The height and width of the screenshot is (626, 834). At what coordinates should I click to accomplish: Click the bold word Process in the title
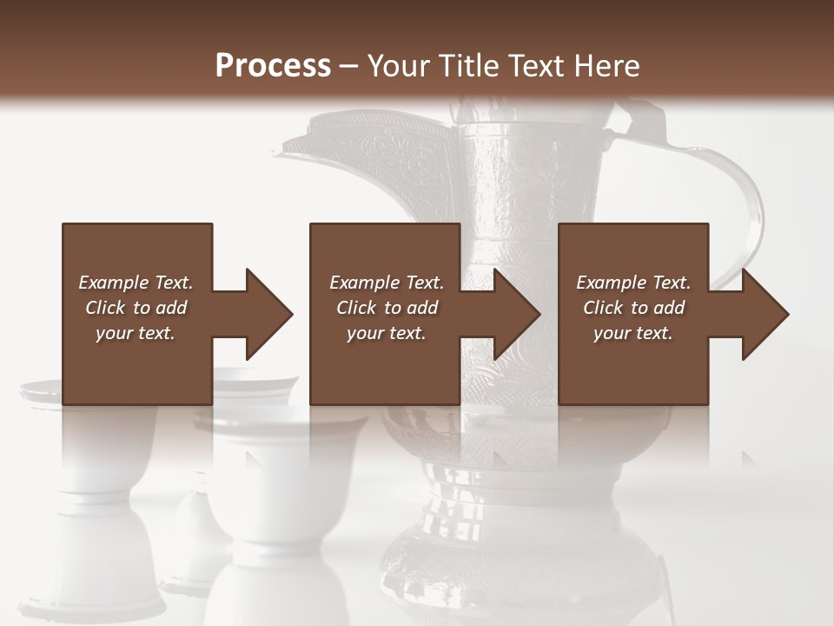(273, 66)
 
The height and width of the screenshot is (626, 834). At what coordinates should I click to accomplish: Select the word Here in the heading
(605, 66)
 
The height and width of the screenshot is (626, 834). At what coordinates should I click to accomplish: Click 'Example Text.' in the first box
(136, 283)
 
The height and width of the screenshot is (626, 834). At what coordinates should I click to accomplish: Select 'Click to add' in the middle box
(387, 308)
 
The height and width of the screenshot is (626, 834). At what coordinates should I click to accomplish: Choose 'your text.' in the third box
(632, 333)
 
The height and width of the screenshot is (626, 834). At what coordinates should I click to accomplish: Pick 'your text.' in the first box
(136, 333)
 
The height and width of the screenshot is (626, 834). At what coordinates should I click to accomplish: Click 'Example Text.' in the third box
(633, 283)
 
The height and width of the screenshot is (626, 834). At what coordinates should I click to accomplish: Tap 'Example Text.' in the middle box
(387, 283)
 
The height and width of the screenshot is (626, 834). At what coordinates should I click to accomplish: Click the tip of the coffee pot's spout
(276, 149)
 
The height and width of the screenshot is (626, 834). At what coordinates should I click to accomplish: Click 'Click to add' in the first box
(136, 308)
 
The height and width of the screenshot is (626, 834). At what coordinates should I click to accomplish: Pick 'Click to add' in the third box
(633, 308)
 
